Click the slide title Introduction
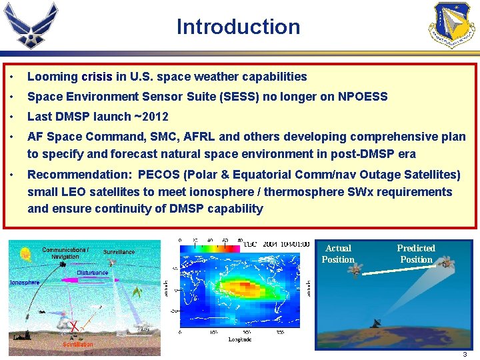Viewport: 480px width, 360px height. coord(238,27)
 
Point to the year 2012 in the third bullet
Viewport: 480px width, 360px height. coord(155,117)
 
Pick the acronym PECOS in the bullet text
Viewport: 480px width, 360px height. coord(160,175)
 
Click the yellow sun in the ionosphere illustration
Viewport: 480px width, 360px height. coord(26,254)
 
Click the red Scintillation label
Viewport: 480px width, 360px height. coord(78,344)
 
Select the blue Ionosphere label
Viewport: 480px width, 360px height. coord(24,283)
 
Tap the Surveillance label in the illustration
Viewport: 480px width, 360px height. coord(119,252)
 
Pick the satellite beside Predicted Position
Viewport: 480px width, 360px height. coord(445,263)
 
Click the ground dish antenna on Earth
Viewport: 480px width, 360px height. coord(381,322)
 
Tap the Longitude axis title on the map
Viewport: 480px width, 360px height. coord(239,340)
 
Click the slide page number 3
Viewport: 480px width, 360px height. coord(465,354)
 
